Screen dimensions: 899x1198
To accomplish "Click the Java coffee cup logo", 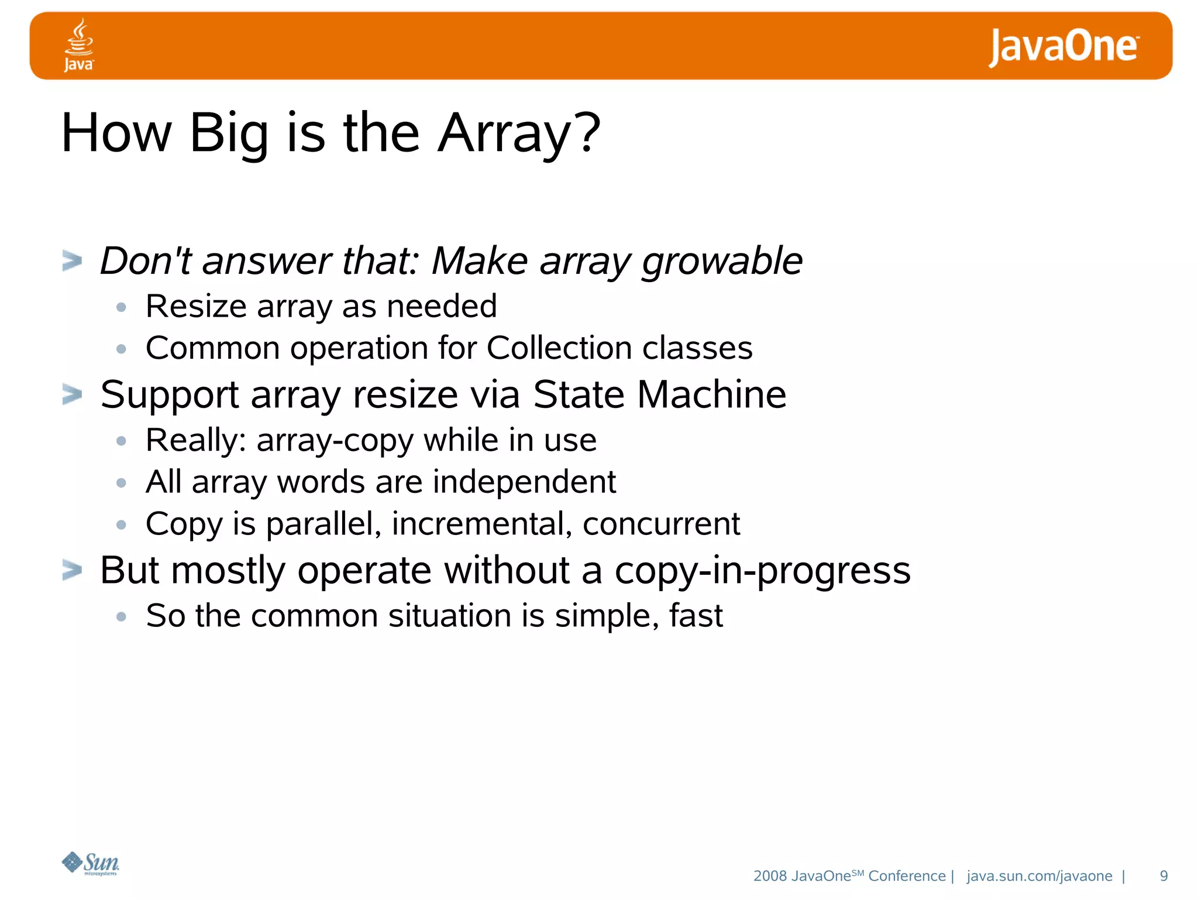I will [x=79, y=45].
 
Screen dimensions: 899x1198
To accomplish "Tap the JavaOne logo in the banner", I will [x=1063, y=47].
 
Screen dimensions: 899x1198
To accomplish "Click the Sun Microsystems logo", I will [x=91, y=863].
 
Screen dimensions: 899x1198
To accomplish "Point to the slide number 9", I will [x=1163, y=876].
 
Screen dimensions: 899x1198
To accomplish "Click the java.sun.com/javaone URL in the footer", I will [x=1039, y=876].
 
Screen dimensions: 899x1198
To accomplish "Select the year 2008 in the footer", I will [x=770, y=876].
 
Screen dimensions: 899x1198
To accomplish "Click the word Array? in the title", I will [x=519, y=133].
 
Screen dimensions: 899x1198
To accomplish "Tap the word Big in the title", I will [x=229, y=133].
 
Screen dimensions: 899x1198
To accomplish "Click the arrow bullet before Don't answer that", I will [x=72, y=260].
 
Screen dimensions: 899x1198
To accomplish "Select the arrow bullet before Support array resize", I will [x=72, y=394].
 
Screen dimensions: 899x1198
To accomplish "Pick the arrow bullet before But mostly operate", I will [x=72, y=570].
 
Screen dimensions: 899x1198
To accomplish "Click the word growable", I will [x=722, y=262].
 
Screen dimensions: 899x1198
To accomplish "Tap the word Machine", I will [x=711, y=394].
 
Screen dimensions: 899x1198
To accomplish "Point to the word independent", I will [x=524, y=482].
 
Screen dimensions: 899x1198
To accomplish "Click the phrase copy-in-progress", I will [x=762, y=571].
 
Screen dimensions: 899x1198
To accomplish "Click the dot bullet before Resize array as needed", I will [x=121, y=307].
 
